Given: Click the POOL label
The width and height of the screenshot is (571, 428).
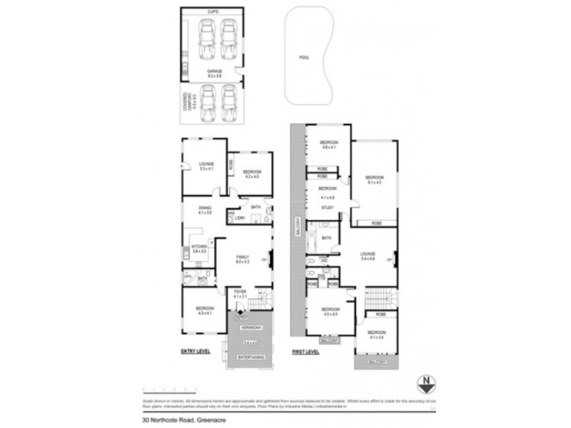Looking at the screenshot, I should click(x=305, y=58).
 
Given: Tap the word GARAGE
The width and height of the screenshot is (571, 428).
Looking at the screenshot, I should click(x=214, y=71).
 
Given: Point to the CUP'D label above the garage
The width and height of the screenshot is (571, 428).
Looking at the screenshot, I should click(x=213, y=12).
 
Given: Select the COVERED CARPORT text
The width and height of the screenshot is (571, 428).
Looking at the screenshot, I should click(x=187, y=103).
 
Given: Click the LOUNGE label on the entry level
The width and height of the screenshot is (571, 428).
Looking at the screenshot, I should click(x=207, y=165).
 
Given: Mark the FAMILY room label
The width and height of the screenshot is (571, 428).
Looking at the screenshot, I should click(x=243, y=259).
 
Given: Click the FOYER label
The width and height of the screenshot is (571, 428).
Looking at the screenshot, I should click(x=241, y=292).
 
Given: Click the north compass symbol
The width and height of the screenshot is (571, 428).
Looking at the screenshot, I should click(x=426, y=382).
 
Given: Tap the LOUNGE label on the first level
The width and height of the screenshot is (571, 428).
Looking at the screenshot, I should click(x=368, y=255).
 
